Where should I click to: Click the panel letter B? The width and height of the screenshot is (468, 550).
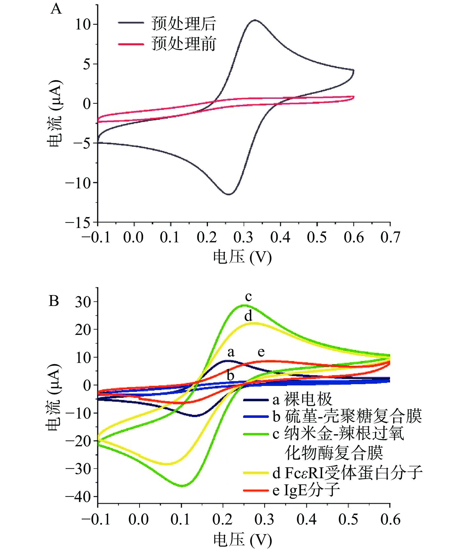click(54, 301)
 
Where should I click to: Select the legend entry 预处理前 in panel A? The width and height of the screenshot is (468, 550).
click(183, 44)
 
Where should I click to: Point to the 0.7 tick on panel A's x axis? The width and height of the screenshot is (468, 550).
click(390, 237)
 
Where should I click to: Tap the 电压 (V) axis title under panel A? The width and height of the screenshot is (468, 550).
click(242, 257)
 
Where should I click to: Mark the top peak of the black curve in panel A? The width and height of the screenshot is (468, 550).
click(255, 20)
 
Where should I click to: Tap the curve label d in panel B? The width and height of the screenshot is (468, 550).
click(248, 316)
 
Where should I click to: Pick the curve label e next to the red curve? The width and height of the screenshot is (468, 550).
click(261, 352)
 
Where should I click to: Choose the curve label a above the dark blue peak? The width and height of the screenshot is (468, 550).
click(231, 352)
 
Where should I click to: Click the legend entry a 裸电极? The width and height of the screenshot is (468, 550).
click(302, 399)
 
